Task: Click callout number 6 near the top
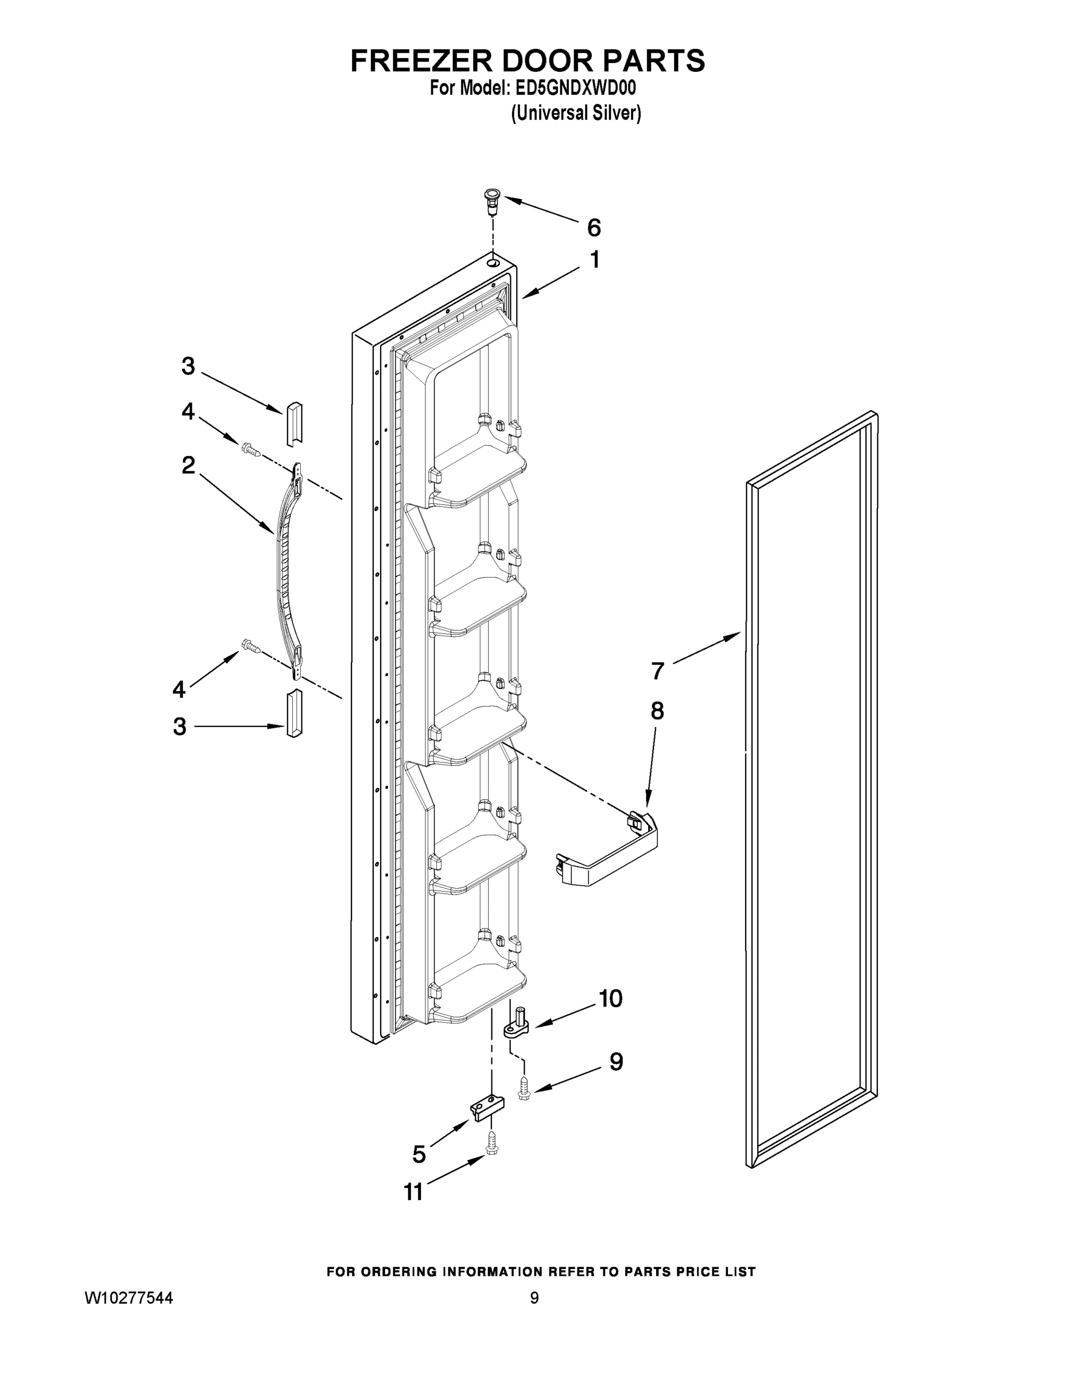point(593,228)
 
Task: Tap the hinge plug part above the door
point(492,200)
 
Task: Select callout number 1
point(594,260)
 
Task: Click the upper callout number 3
point(188,366)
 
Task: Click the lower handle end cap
point(295,713)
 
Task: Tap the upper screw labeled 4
point(250,449)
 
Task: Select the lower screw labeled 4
point(250,645)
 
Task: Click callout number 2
point(188,466)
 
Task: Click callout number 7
point(657,671)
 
